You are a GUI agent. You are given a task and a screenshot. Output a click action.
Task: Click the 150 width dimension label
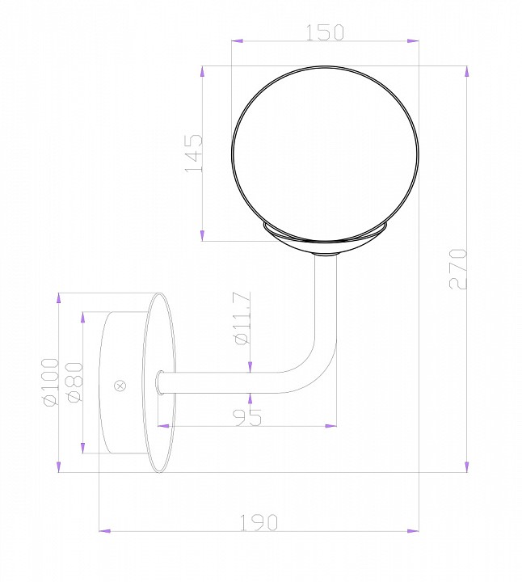click(325, 32)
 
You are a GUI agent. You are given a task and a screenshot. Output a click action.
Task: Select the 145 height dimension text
click(193, 154)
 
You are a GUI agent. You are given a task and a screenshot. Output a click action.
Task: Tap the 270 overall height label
click(458, 268)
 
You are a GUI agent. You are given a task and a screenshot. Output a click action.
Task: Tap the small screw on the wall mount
click(121, 386)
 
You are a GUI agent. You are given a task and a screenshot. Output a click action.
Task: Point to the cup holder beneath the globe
click(325, 241)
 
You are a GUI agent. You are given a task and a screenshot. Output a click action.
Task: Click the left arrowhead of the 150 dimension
click(236, 39)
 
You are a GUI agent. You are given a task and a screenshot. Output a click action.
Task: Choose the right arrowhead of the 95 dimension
click(330, 424)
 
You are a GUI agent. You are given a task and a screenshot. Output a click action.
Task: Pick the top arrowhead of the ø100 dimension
click(59, 297)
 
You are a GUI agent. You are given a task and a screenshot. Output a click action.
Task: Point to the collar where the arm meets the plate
click(161, 382)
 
